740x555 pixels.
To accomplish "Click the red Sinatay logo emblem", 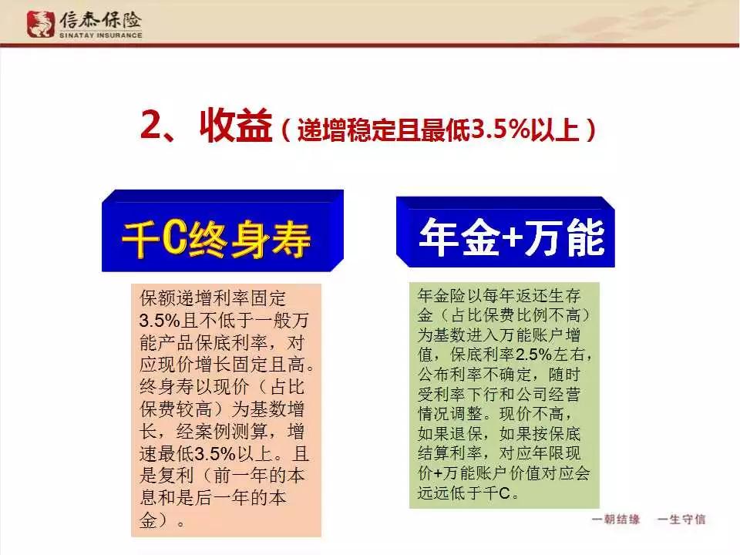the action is tap(41, 24).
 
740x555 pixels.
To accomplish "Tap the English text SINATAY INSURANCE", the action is tap(100, 35).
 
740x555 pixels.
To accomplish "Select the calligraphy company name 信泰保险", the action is tap(100, 20).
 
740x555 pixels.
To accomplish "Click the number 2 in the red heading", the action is tap(151, 125).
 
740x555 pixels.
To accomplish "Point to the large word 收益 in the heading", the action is tap(236, 125).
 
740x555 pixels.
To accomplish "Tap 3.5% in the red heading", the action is tap(501, 129).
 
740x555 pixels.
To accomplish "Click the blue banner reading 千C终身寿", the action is tap(222, 230).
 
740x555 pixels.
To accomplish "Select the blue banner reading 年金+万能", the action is tap(506, 232).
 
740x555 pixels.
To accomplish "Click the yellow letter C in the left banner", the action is tap(175, 238).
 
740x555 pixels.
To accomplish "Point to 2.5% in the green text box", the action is tap(533, 355).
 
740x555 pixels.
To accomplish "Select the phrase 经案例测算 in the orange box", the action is tap(222, 432).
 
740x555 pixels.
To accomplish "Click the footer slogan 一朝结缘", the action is tap(616, 520).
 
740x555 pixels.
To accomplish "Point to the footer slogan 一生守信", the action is tap(681, 520).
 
